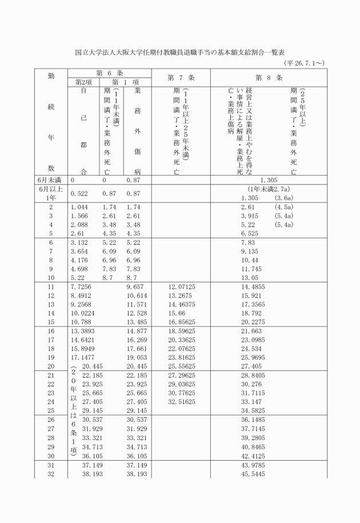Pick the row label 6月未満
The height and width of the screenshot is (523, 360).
[50, 180]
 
